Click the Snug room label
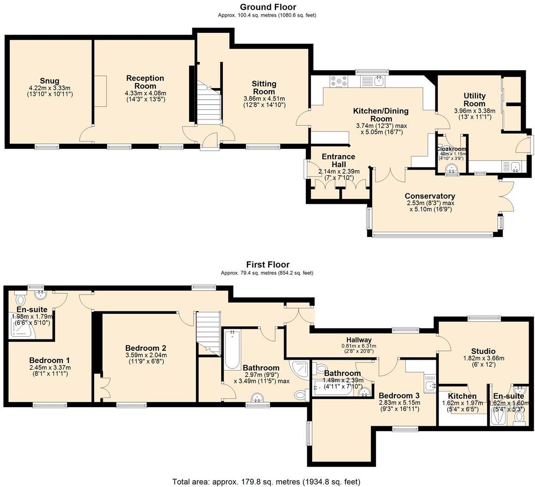pos(50,81)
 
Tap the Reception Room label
pos(145,82)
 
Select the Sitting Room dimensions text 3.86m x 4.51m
pos(264,99)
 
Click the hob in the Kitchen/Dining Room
pos(339,81)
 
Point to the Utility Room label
pos(475,100)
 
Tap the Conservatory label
pos(430,196)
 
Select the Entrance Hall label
pos(339,160)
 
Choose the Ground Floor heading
pos(267,7)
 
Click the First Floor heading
pos(267,265)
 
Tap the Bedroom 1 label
pos(50,360)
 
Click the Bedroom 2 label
pos(145,348)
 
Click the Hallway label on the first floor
pos(360,340)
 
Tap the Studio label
pos(483,351)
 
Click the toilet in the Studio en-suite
pos(520,417)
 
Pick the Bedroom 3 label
pos(399,395)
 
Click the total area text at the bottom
pos(266,481)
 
